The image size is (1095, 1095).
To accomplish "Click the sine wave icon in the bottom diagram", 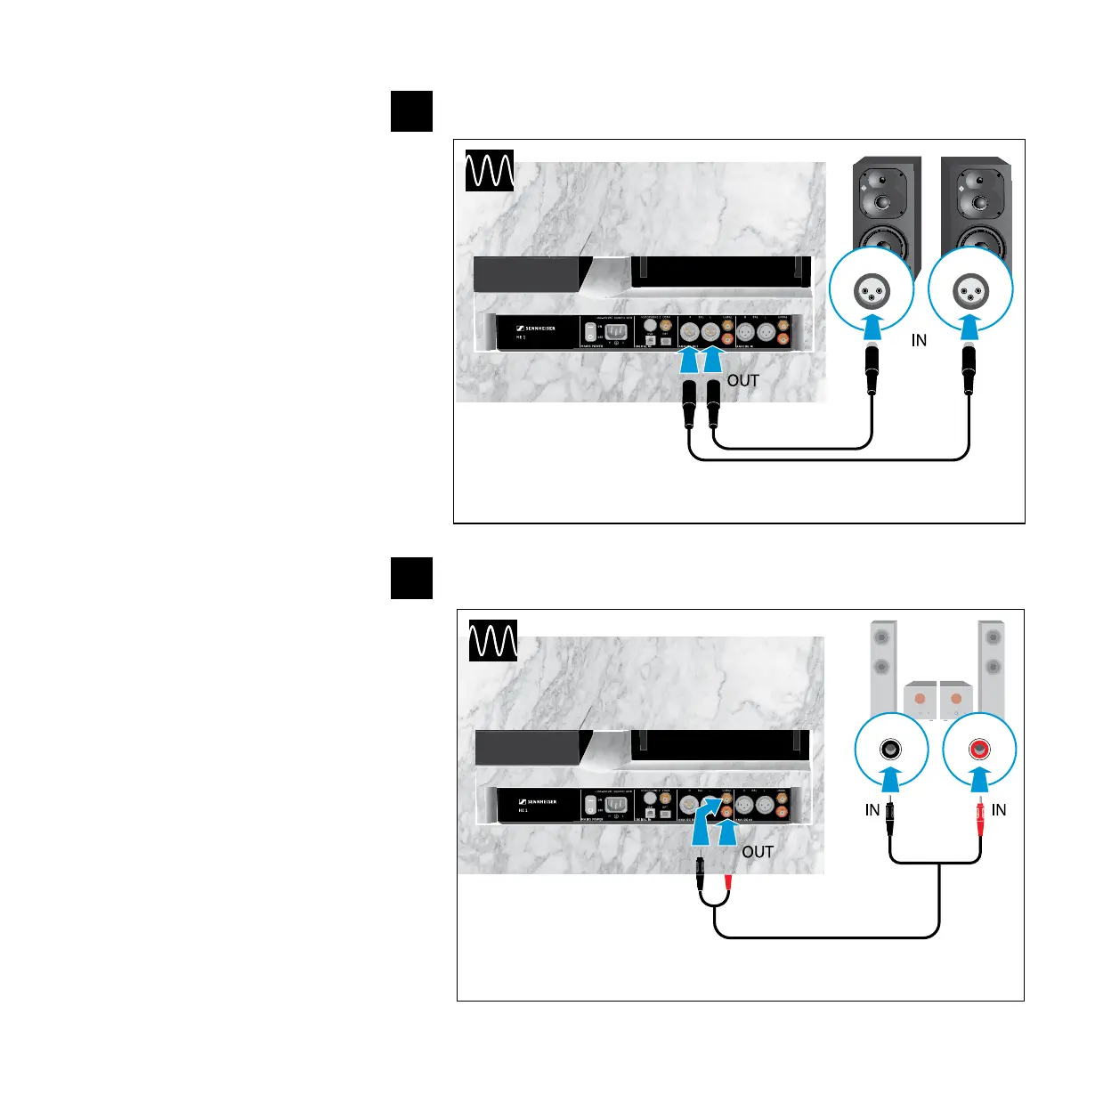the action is click(x=492, y=640).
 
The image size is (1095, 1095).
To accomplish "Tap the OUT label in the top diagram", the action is click(x=743, y=381).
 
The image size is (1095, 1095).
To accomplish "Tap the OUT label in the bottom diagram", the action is click(x=758, y=852).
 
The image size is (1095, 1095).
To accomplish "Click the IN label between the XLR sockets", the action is click(x=919, y=340).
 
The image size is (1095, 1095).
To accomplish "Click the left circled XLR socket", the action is click(x=872, y=292).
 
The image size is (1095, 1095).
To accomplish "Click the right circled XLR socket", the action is click(x=970, y=292).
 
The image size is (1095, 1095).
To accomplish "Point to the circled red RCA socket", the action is click(x=979, y=750).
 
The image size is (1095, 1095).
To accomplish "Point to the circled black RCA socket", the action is click(x=890, y=750).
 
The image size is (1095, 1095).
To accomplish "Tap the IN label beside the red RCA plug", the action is click(x=999, y=809).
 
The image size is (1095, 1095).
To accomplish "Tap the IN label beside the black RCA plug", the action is click(x=872, y=809).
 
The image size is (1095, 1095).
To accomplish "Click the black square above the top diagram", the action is click(x=411, y=111).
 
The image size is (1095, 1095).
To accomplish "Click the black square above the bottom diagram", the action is click(x=411, y=579).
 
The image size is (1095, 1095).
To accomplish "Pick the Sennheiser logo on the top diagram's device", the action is click(x=536, y=328).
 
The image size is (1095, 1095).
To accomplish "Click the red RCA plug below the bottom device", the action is click(x=728, y=884).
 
